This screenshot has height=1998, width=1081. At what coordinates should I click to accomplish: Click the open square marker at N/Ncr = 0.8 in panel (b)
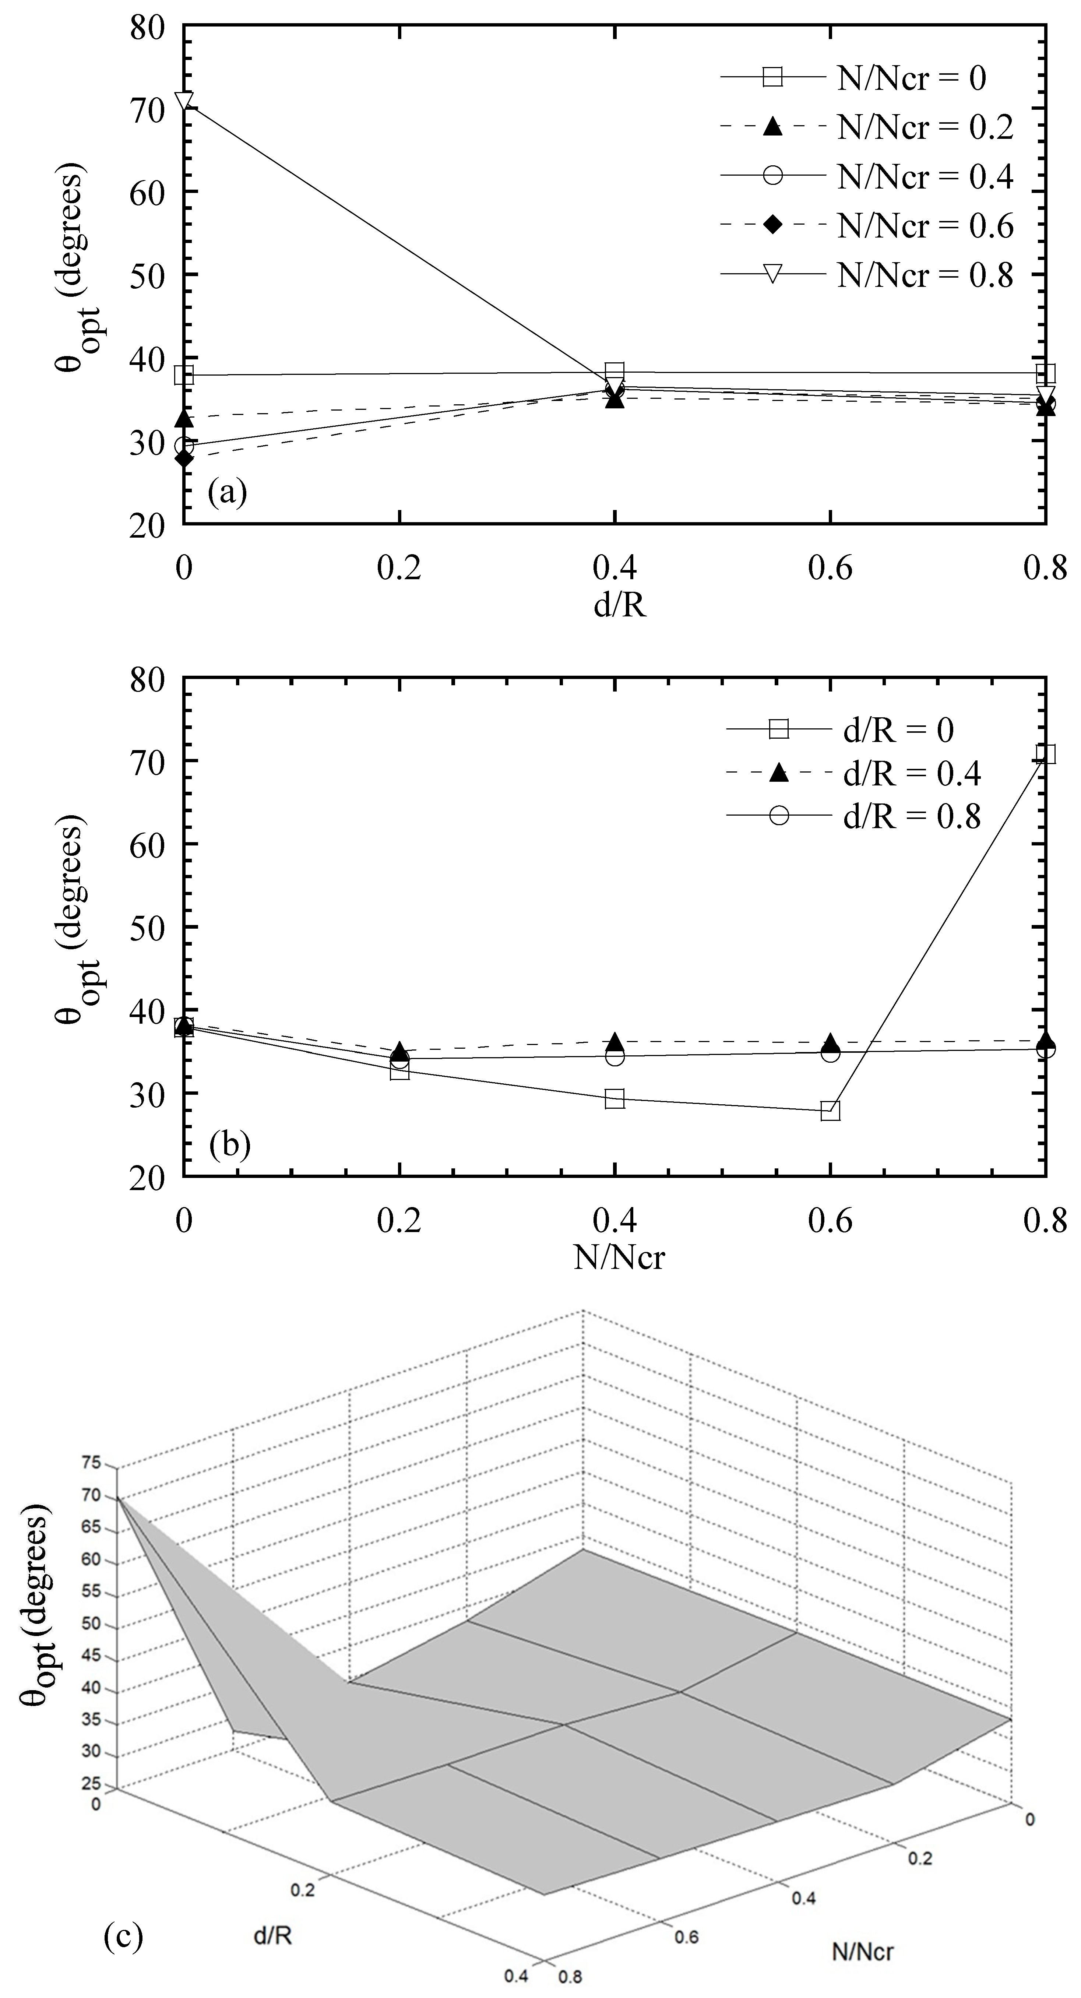coord(1045,754)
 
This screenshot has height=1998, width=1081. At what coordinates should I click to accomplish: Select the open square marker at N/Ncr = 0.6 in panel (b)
coord(830,1111)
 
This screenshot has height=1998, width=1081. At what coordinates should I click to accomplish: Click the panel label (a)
coord(227,493)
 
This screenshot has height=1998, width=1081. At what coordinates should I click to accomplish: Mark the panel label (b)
coord(229,1146)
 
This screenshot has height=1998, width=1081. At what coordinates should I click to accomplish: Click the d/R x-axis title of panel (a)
coord(620,605)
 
